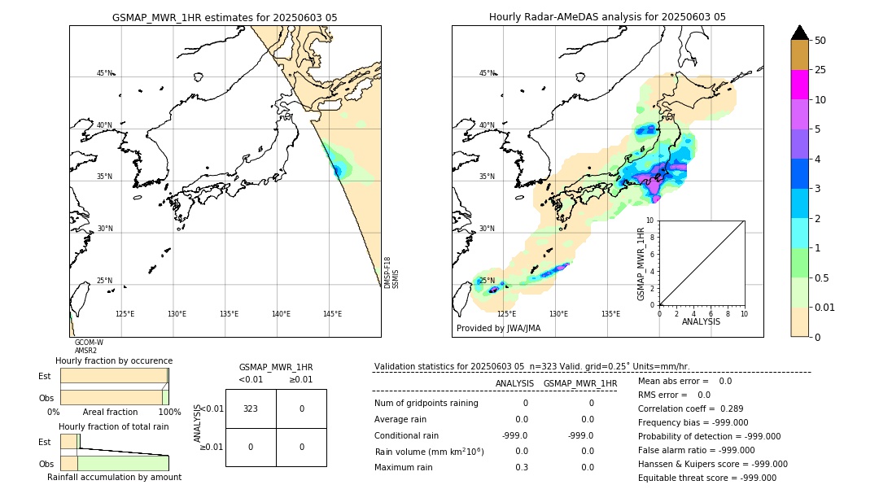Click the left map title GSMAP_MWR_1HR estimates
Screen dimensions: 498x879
coord(225,17)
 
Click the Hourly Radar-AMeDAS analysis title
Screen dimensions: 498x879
coord(607,17)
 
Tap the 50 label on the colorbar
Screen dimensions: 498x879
coord(820,41)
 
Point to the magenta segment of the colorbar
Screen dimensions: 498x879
coord(799,85)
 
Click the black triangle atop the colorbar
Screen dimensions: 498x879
coord(799,33)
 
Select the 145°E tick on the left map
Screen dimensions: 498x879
coord(332,314)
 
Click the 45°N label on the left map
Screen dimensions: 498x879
coord(104,73)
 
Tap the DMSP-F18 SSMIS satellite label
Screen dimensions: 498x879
coord(391,273)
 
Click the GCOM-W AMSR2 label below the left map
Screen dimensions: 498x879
coord(89,347)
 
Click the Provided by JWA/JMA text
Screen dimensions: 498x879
coord(498,328)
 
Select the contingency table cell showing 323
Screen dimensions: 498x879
coord(251,408)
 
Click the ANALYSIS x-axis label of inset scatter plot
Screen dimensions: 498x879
coord(701,321)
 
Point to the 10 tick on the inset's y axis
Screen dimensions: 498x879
coord(650,221)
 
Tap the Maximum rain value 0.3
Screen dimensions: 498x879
coord(521,467)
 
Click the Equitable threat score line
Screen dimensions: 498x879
coord(706,478)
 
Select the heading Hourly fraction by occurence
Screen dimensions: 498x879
coord(114,360)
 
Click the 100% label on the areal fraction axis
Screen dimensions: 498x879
coord(169,412)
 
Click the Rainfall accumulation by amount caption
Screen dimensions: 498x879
coord(114,477)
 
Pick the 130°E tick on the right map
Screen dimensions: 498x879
coord(558,314)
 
